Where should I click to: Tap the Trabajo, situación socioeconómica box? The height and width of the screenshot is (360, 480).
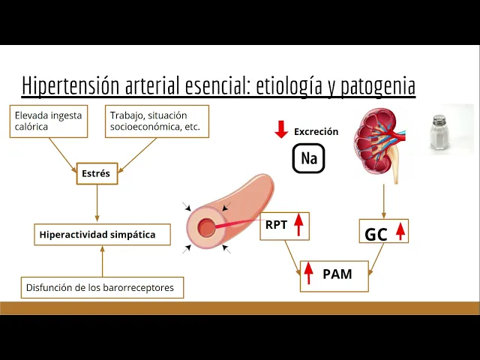coord(157,121)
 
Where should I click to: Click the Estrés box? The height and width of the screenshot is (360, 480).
coord(96,174)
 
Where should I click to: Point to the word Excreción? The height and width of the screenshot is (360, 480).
coord(316,131)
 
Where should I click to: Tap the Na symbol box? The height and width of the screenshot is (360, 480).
coord(309,157)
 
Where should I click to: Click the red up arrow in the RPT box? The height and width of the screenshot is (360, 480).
coord(298,225)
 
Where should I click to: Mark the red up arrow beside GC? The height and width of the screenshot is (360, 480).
coord(400,231)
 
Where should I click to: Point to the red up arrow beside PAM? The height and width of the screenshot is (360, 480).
coord(309,274)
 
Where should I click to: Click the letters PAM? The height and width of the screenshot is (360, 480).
coord(337,274)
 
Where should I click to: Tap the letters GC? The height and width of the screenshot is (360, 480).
coord(376,234)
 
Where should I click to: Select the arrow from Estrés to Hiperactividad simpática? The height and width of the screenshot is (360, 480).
coord(97,203)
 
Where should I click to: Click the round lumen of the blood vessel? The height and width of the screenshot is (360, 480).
coord(205,227)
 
